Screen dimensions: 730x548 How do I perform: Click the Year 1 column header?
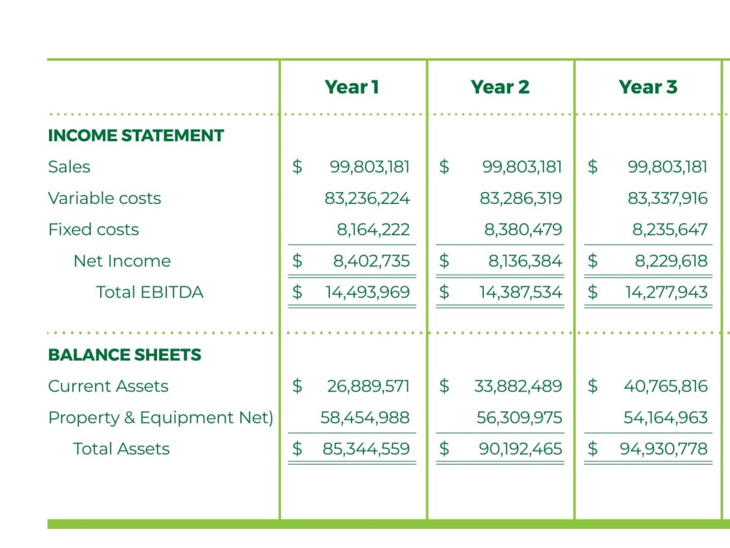point(352,87)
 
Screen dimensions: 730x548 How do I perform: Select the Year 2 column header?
point(500,87)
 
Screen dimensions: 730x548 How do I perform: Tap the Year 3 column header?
point(648,87)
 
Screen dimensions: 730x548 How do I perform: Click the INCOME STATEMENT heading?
point(136,136)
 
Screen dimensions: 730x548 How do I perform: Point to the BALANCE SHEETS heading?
point(125,355)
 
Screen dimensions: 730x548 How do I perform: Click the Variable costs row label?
point(104,199)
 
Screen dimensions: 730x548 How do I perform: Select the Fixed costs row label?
point(93,229)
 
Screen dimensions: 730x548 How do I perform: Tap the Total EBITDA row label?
point(150,292)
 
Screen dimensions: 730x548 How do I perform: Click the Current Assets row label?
point(108,387)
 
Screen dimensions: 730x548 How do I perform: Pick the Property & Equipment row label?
point(161,417)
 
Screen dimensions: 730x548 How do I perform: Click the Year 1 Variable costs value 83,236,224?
point(367,199)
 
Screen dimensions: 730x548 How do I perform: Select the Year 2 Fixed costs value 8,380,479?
point(523,229)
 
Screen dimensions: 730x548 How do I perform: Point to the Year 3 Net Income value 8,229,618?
point(672,261)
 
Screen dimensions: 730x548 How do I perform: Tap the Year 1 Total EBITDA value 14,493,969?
point(367,292)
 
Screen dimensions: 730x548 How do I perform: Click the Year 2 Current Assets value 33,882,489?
point(518,387)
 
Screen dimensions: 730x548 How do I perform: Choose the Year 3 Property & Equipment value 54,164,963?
point(666,417)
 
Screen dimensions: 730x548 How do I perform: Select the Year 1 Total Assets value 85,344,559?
point(366,449)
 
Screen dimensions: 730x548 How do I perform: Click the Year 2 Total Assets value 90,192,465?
point(520,449)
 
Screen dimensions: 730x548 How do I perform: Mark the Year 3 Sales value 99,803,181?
point(668,167)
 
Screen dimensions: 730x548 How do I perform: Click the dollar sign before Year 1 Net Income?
point(297,261)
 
